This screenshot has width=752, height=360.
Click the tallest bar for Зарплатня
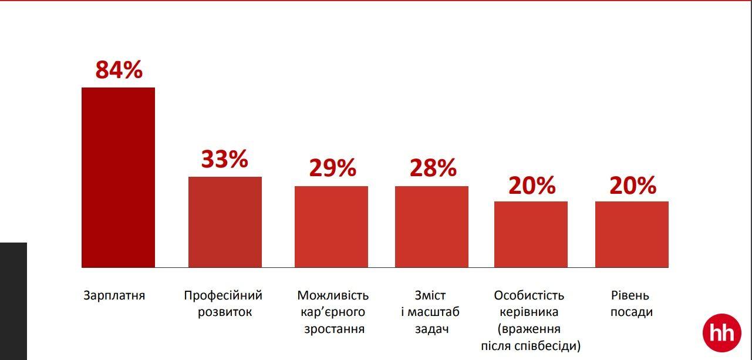click(x=118, y=177)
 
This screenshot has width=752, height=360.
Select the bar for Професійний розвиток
click(x=225, y=222)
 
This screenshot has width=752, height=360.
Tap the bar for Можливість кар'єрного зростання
click(x=331, y=227)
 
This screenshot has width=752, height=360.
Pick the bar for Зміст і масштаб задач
click(x=431, y=227)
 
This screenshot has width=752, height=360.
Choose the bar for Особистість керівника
click(x=531, y=234)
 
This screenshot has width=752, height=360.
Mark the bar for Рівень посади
click(x=632, y=234)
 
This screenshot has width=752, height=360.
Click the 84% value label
click(x=119, y=70)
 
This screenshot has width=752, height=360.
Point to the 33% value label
click(x=225, y=159)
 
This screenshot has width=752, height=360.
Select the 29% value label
click(x=332, y=169)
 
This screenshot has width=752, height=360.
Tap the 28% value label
click(x=433, y=169)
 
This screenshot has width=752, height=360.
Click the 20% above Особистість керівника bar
click(x=532, y=186)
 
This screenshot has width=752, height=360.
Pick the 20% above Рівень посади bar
click(x=632, y=186)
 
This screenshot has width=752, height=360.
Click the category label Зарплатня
click(x=114, y=295)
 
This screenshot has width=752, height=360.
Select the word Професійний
click(x=223, y=295)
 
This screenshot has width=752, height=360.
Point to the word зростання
click(x=334, y=329)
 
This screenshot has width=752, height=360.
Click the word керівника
click(x=529, y=312)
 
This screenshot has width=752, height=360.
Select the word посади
click(x=632, y=312)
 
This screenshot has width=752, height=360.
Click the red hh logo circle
click(x=721, y=333)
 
